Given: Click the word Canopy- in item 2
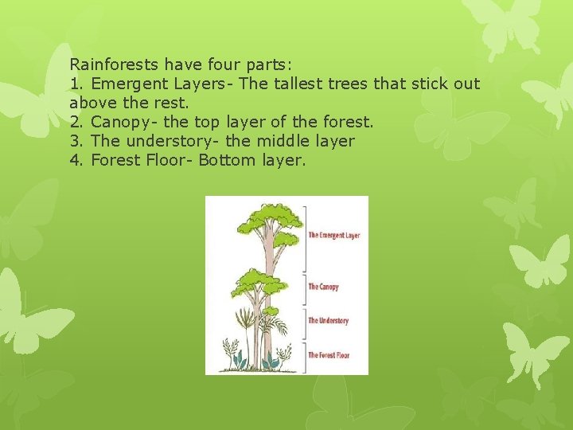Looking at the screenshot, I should pos(122,122).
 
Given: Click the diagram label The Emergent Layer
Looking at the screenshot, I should pos(334,236).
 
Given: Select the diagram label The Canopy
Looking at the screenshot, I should pos(324,287).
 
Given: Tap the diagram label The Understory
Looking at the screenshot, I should pos(329,321).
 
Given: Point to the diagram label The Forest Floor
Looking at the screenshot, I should pos(329,355).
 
